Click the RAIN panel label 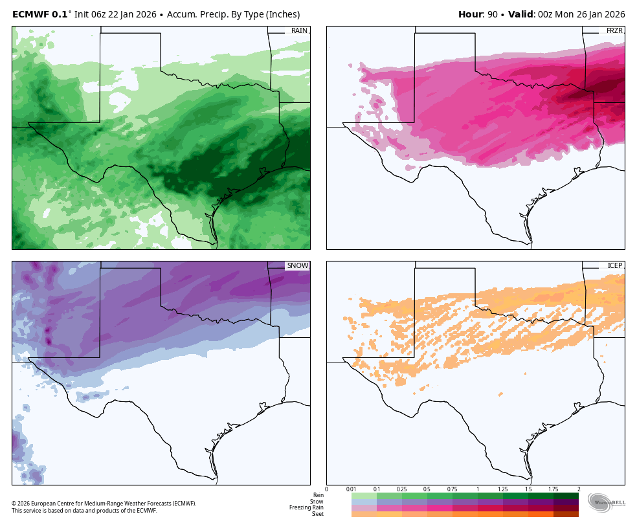299,30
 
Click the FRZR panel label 614,30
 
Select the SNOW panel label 298,266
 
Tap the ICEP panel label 614,266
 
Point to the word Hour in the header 471,14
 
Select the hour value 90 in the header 493,14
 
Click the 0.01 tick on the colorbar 351,489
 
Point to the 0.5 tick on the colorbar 427,489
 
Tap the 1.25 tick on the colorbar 502,489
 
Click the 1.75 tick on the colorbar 553,489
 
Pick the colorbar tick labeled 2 578,489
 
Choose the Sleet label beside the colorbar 317,514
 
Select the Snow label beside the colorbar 317,502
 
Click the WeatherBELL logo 607,502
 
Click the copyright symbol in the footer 14,504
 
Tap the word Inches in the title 282,14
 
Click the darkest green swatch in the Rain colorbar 566,496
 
